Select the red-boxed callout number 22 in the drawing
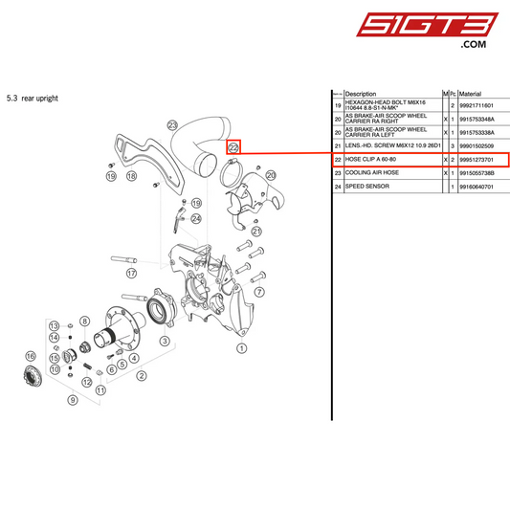pyautogui.click(x=233, y=147)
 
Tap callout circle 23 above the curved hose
pyautogui.click(x=172, y=125)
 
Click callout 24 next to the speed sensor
pyautogui.click(x=195, y=218)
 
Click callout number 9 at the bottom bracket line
pyautogui.click(x=71, y=400)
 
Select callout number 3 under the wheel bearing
pyautogui.click(x=165, y=340)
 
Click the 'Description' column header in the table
pyautogui.click(x=366, y=94)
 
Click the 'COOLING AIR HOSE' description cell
pyautogui.click(x=373, y=172)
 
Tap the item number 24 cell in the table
pyautogui.click(x=338, y=186)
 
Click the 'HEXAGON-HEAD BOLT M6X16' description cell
pyautogui.click(x=388, y=104)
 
